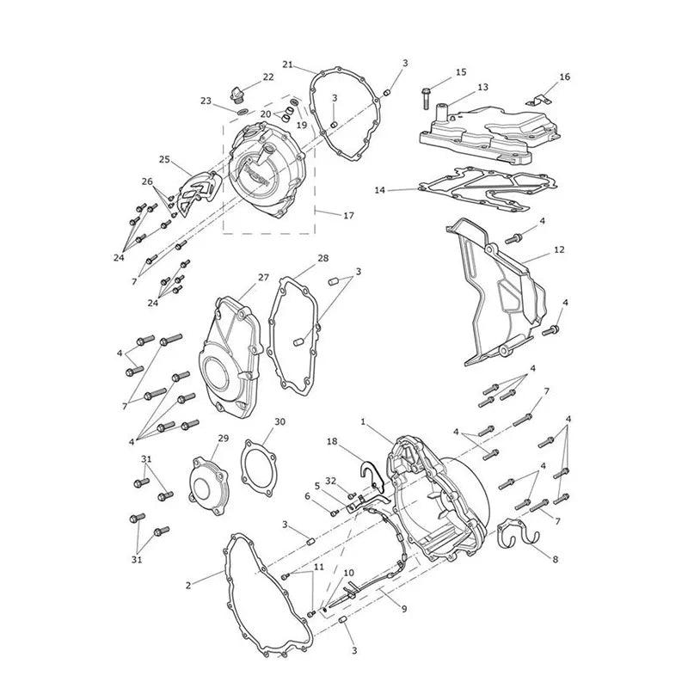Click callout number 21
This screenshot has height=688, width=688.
click(x=287, y=65)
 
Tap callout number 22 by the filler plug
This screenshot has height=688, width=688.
click(x=268, y=77)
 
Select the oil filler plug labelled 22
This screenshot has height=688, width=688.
click(x=237, y=95)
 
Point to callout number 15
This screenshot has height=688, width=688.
click(x=461, y=72)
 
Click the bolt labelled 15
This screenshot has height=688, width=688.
click(x=426, y=99)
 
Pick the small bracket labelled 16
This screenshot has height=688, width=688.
click(x=538, y=100)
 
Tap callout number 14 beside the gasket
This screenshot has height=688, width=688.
click(x=380, y=190)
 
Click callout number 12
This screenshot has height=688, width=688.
click(x=559, y=249)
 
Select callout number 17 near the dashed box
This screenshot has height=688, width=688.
click(x=348, y=216)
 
